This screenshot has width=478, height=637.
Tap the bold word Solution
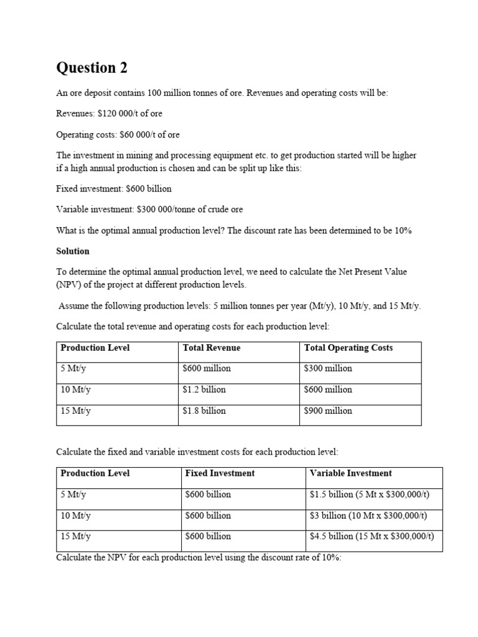[73, 251]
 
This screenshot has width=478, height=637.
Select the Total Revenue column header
[211, 348]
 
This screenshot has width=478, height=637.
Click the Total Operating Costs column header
[348, 348]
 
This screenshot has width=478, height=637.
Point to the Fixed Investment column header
[220, 473]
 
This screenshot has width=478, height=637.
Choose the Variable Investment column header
[350, 473]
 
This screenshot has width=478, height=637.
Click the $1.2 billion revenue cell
[204, 389]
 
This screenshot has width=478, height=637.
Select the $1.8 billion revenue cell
[204, 411]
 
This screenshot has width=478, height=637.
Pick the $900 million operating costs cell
[328, 411]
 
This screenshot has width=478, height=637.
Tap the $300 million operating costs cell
[328, 368]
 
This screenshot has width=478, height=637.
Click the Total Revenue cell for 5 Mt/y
[207, 368]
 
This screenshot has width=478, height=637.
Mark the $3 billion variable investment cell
[368, 515]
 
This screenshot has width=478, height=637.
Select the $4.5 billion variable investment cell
[372, 536]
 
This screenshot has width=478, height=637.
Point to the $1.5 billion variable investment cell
[370, 495]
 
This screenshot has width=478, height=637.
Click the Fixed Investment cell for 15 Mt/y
[208, 536]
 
